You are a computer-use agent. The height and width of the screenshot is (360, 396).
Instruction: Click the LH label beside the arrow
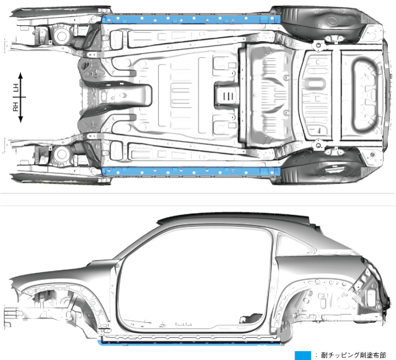[x=16, y=88]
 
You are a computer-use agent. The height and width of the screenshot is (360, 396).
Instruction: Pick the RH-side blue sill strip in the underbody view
[x=189, y=171]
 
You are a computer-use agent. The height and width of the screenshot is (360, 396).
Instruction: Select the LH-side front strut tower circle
[x=62, y=37]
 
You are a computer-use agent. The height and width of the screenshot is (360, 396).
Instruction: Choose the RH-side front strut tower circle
[x=62, y=153]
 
